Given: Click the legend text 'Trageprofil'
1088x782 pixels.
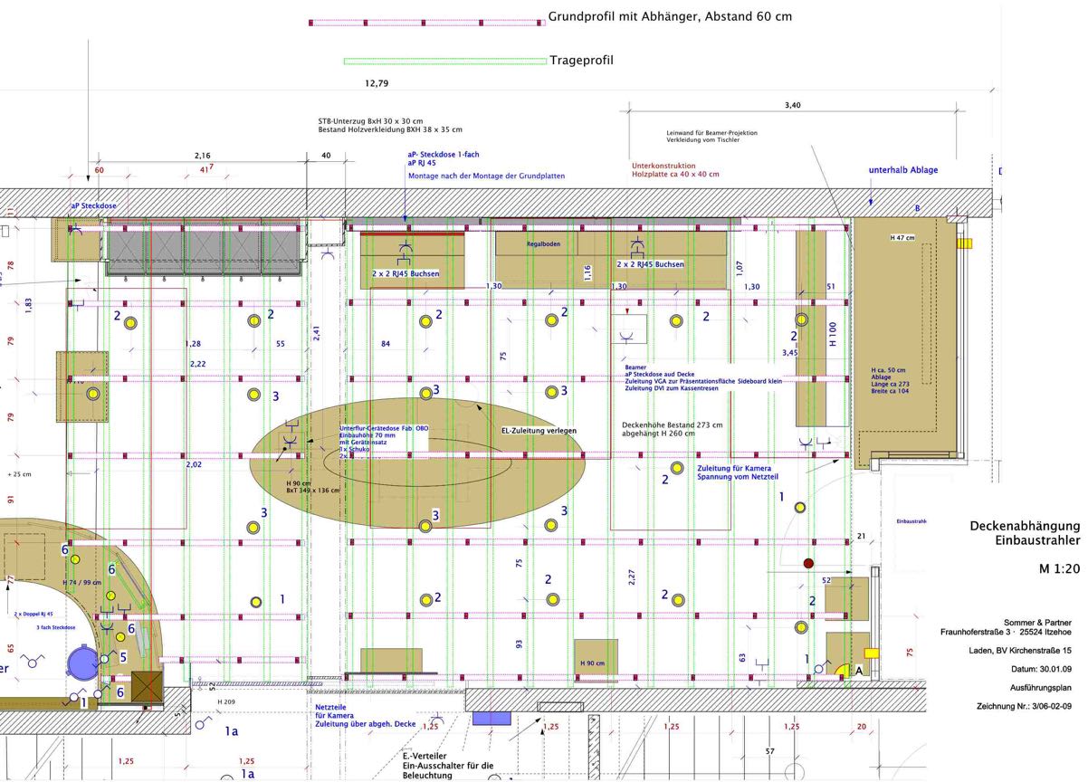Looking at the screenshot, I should click(x=581, y=61).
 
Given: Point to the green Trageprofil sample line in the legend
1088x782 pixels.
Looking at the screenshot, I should click(x=444, y=62).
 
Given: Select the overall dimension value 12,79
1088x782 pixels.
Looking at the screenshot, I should click(x=377, y=83).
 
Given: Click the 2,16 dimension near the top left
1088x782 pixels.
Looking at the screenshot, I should click(x=203, y=156).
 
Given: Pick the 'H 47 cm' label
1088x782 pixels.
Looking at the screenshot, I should click(x=902, y=237).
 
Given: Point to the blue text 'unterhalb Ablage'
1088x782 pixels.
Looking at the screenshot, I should click(x=903, y=170).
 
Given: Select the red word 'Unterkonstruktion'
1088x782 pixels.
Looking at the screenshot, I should click(x=663, y=166).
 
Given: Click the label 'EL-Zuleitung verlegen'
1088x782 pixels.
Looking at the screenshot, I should click(x=539, y=431).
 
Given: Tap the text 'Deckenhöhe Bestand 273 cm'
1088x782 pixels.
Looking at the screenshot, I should click(x=673, y=424).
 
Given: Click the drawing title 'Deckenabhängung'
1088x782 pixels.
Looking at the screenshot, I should click(x=1025, y=526).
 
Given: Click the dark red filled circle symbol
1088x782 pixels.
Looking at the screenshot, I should click(x=808, y=564).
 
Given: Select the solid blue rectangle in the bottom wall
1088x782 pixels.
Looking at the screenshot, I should click(x=492, y=718).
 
